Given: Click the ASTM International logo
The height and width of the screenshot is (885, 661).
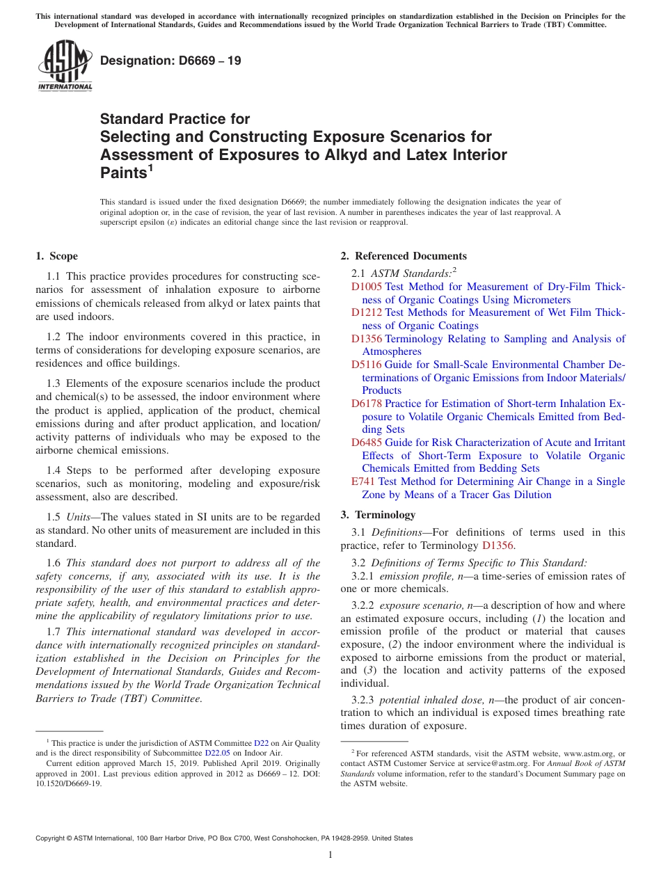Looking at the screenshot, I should coord(65,66).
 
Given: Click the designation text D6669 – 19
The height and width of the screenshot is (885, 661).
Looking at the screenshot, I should coord(170,61).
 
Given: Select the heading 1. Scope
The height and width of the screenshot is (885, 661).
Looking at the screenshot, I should coord(56,256).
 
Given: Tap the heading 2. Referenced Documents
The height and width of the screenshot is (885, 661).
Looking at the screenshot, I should coord(404,256).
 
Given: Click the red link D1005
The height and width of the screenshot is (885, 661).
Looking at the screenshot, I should coord(366,287).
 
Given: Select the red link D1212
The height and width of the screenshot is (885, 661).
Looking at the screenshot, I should coord(366,312).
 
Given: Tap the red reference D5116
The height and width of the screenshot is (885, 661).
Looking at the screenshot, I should coord(366,365).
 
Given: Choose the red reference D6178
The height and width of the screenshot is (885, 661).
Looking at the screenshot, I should coord(366,404).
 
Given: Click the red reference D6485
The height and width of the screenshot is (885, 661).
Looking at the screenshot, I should coord(366,442).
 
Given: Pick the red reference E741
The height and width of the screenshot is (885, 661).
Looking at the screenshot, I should coord(363,481).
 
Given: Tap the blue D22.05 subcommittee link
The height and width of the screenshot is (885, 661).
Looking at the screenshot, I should coord(217,753).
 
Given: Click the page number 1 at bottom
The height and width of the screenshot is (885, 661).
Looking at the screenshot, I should coord(330,854).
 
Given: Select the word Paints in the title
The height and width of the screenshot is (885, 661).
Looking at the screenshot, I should coord(123,173).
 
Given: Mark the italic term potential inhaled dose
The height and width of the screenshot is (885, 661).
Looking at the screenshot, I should coord(431,700).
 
